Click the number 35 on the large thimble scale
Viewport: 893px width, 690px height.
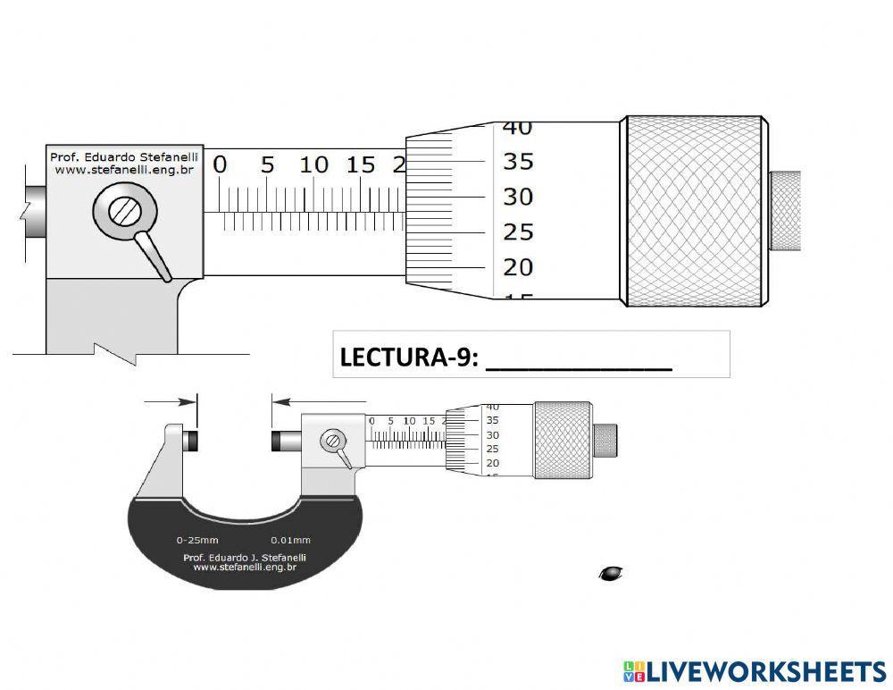point(518,162)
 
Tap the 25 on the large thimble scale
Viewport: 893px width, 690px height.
point(518,232)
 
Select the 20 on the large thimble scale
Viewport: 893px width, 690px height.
point(518,267)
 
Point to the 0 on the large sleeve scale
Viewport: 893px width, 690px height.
point(220,165)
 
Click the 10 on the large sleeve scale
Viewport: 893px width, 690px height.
point(313,165)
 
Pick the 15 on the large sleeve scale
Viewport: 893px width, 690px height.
point(361,165)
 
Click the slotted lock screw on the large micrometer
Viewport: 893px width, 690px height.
point(123,212)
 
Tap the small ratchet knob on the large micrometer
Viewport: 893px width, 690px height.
point(785,212)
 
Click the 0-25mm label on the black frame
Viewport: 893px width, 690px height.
point(197,540)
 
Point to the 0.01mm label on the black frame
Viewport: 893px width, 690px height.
point(290,540)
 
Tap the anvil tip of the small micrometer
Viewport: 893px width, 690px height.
point(189,441)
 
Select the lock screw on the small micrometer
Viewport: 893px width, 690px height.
point(334,440)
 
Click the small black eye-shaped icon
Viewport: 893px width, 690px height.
point(611,573)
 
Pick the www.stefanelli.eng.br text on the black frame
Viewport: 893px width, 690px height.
point(245,567)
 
